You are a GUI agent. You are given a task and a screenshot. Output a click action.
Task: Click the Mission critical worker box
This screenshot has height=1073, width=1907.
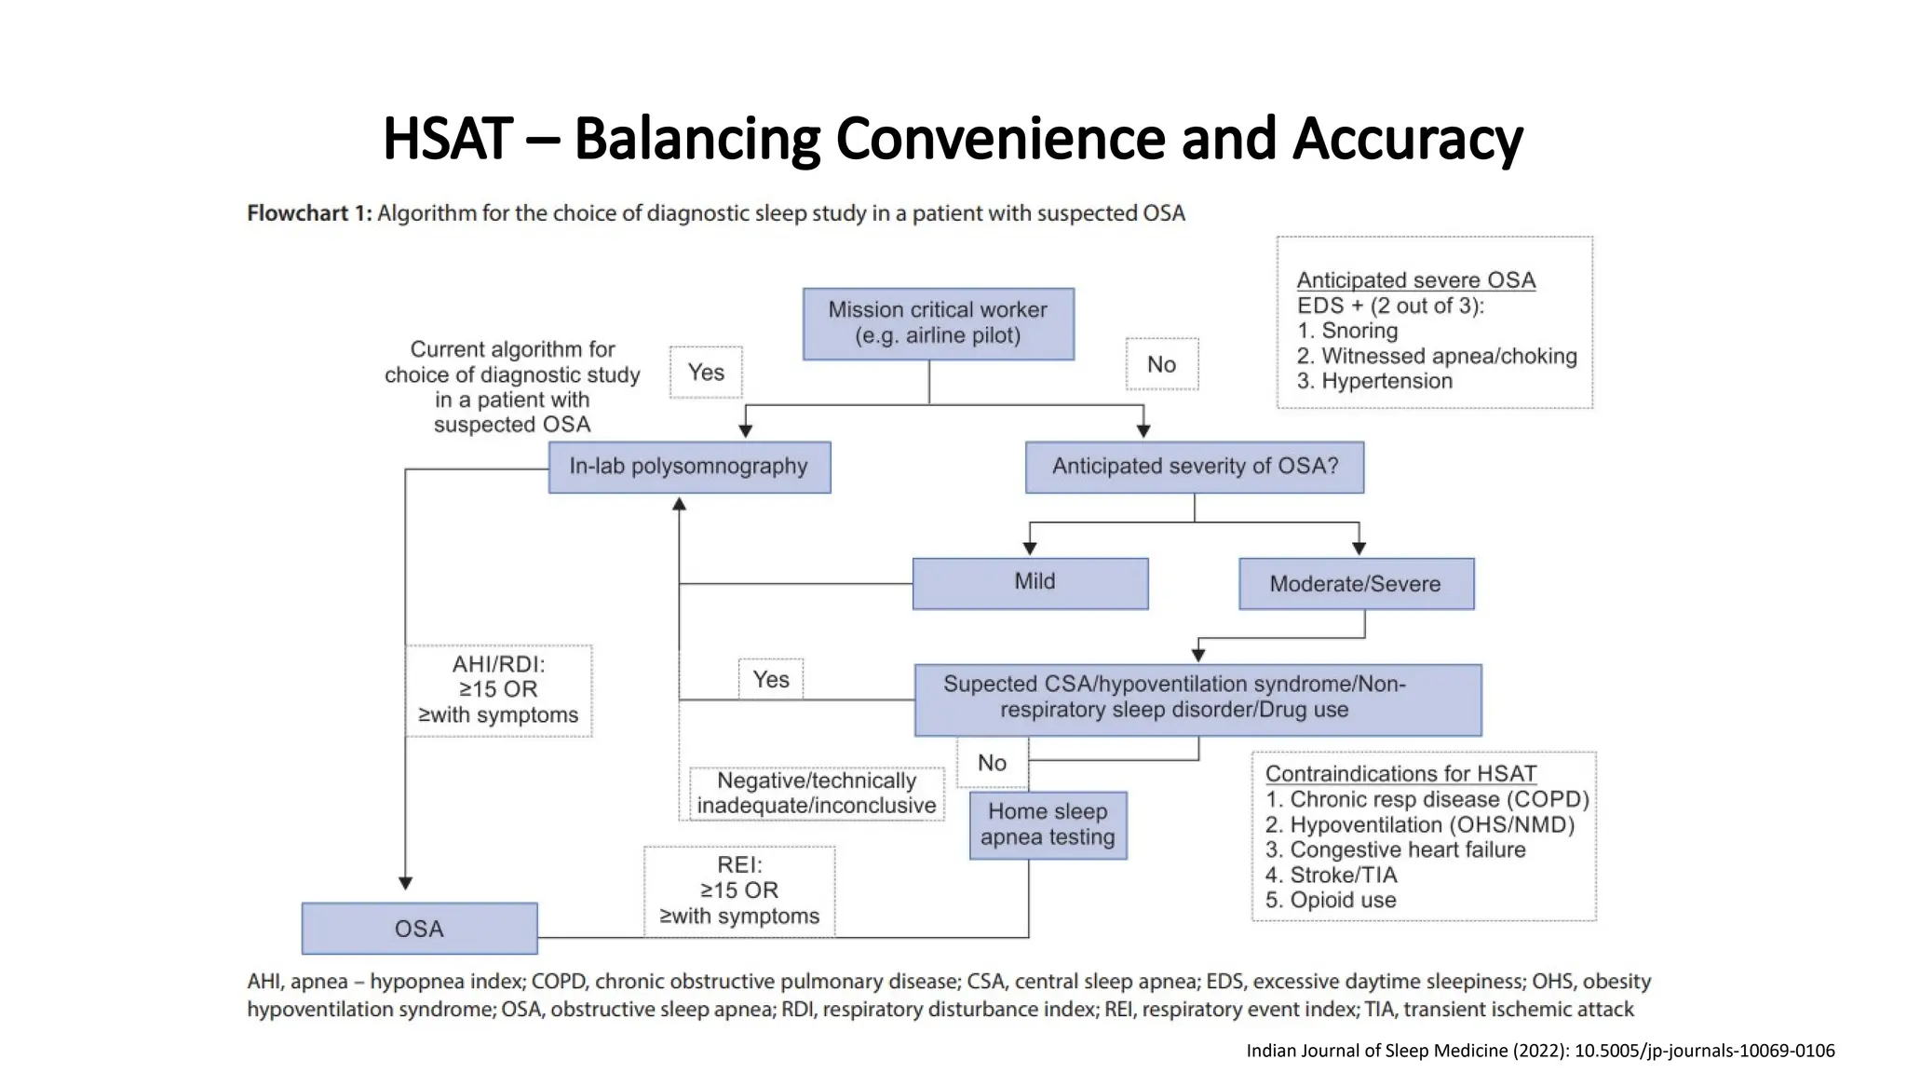(x=938, y=323)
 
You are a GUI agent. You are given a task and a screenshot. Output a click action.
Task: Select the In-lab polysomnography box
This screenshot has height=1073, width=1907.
(x=689, y=467)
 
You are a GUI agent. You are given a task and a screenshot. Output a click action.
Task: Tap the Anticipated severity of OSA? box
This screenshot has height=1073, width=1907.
(x=1195, y=467)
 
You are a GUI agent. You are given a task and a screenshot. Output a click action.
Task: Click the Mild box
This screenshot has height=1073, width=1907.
(x=1030, y=583)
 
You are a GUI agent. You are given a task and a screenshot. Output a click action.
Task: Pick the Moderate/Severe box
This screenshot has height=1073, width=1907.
(x=1356, y=584)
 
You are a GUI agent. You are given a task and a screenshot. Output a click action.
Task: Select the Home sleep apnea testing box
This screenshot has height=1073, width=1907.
(x=1048, y=825)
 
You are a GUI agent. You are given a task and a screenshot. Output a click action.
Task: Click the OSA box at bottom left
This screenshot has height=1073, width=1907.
(x=419, y=929)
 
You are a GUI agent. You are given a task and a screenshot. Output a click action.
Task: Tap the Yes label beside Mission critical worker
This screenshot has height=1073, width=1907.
(x=706, y=373)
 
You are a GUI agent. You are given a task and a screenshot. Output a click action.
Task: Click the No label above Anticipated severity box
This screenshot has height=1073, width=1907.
(x=1161, y=364)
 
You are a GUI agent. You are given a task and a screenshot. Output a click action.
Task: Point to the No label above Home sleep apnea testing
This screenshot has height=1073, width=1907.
(x=992, y=763)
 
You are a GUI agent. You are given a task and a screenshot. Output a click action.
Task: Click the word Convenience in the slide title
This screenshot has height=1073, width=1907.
(x=1000, y=138)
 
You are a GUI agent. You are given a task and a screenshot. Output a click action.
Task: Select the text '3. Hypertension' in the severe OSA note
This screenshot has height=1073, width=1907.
(x=1374, y=381)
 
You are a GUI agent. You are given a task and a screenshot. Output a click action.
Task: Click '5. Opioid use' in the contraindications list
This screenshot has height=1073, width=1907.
(x=1331, y=900)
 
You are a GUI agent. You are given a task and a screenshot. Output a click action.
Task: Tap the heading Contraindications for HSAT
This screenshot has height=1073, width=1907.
(x=1400, y=774)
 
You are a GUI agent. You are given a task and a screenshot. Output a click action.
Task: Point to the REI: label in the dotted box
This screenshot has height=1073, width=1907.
(x=739, y=865)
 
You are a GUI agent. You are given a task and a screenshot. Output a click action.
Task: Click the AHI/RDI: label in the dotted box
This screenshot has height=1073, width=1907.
(x=498, y=664)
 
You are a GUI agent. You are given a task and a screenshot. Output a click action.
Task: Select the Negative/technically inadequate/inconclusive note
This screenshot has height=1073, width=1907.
(x=817, y=793)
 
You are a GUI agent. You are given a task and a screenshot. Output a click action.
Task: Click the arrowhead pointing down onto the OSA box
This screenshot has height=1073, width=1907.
(x=405, y=883)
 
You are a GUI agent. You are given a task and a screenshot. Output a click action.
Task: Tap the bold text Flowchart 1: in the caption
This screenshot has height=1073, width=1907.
(x=309, y=213)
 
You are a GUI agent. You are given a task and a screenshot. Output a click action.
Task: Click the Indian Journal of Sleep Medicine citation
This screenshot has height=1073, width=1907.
(x=1540, y=1051)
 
